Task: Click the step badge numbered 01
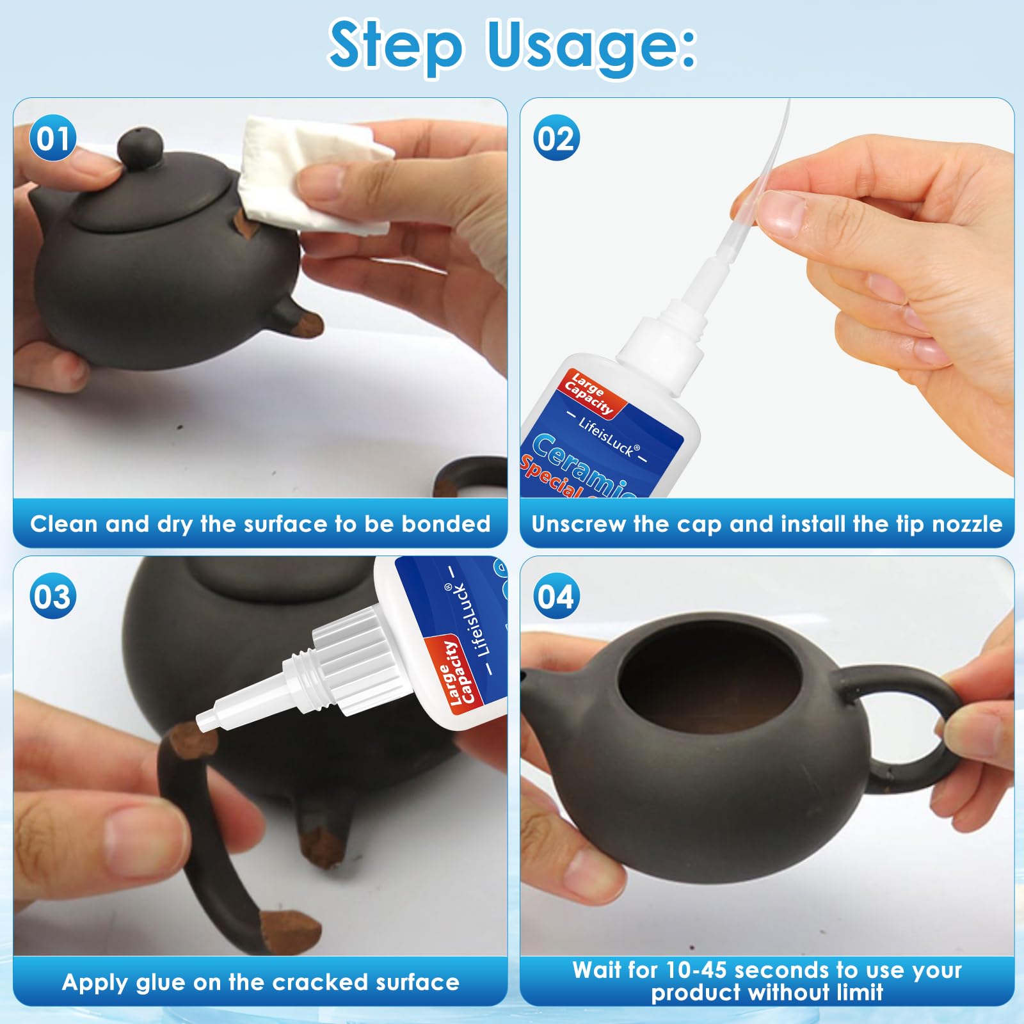[x=52, y=138]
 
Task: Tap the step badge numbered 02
[x=556, y=138]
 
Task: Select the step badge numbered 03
[x=52, y=596]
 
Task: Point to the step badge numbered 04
[x=556, y=596]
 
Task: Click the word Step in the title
[x=395, y=47]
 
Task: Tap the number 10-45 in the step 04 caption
[x=696, y=970]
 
